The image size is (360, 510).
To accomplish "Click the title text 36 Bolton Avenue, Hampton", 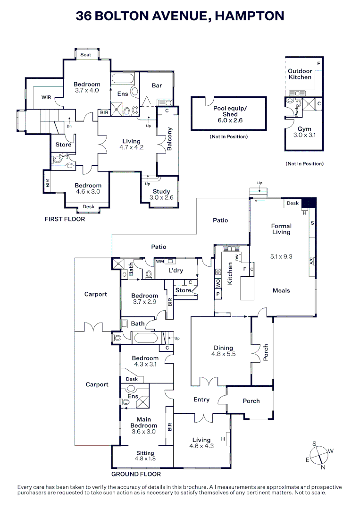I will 180,16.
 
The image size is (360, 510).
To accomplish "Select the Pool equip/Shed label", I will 228,114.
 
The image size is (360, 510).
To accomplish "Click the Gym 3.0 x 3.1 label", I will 304,132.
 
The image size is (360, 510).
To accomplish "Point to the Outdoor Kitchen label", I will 300,74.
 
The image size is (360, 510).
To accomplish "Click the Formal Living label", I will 281,229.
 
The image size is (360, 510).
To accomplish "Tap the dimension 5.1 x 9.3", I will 281,256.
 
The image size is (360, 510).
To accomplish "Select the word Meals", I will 281,290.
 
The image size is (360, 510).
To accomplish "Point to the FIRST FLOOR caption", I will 65,219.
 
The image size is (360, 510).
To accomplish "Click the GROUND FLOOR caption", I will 136,474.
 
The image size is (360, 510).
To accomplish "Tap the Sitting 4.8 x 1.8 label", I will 145,456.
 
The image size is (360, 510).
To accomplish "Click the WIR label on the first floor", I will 46,97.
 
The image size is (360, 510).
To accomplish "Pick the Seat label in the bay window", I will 85,55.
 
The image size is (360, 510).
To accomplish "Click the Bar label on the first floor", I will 157,85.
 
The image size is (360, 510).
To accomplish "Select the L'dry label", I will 176,271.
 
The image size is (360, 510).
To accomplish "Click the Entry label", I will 201,399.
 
